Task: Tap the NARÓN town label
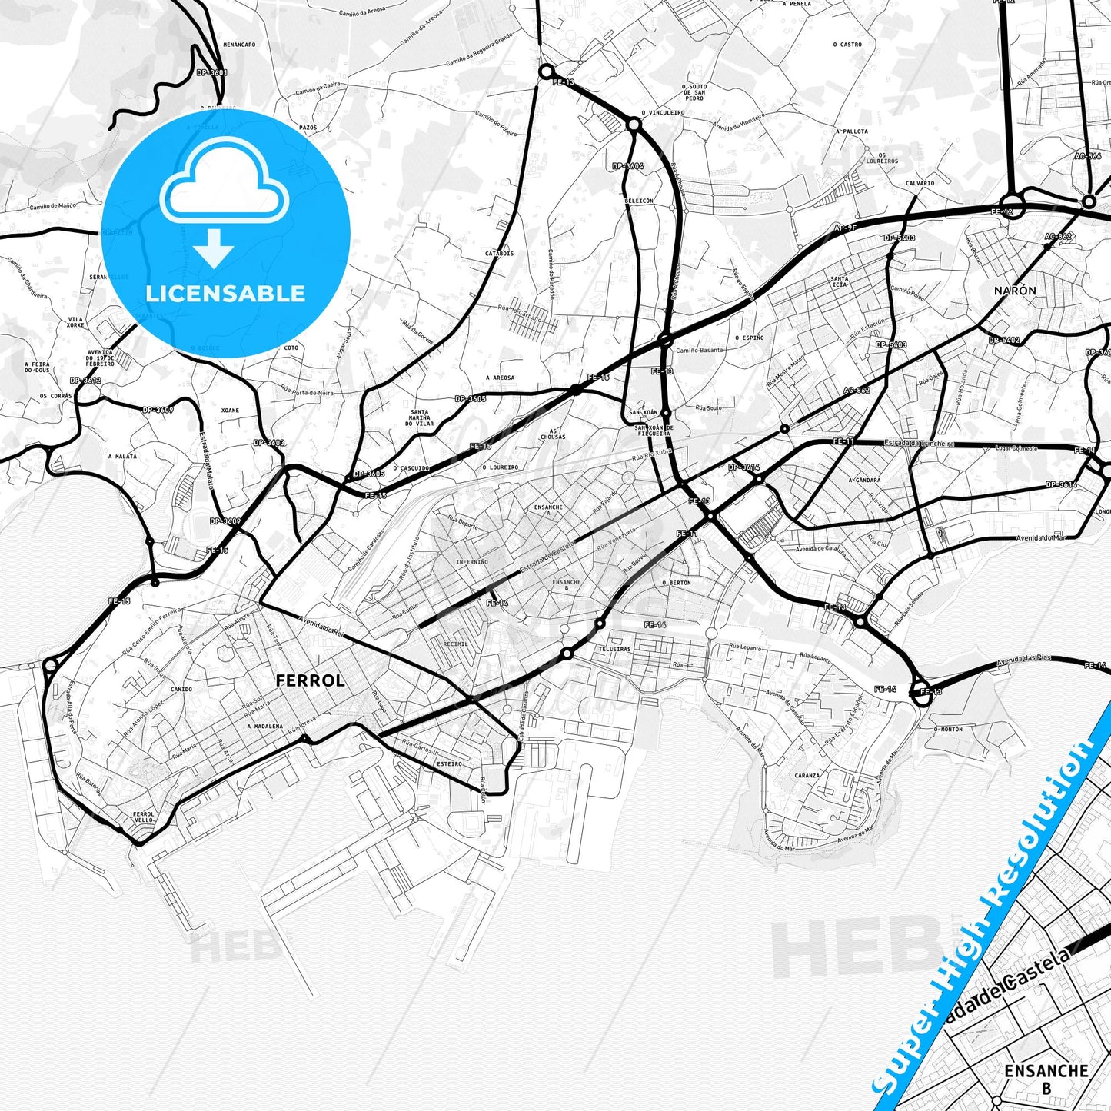[1015, 291]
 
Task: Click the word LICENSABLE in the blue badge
[225, 294]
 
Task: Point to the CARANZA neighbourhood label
[807, 776]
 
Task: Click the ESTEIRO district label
[449, 763]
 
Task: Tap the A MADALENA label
[265, 726]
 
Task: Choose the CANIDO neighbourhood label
[181, 689]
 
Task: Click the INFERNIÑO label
[471, 562]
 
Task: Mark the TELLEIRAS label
[615, 649]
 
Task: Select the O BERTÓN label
[677, 583]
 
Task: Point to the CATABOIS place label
[499, 253]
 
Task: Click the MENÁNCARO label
[239, 45]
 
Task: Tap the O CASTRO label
[847, 45]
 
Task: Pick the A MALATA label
[122, 457]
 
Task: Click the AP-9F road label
[845, 228]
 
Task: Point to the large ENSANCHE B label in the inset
[1046, 1077]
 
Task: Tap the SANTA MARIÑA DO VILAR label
[420, 417]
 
